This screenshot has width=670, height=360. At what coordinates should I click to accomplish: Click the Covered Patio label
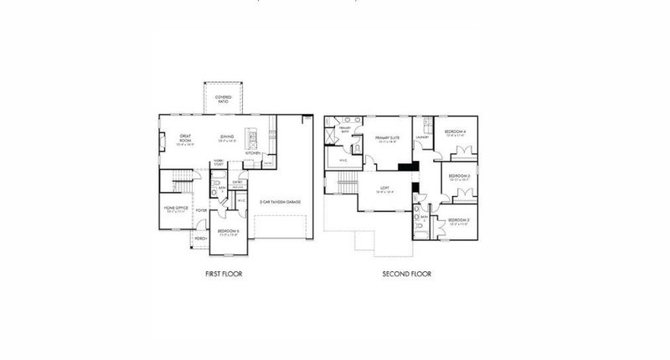pos(223,99)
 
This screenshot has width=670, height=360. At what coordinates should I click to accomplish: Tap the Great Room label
pos(186,139)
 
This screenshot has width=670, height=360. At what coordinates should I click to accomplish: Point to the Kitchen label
pos(253,153)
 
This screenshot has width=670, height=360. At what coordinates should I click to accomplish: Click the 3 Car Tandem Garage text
pos(280,202)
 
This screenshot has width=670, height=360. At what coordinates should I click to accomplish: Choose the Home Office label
pos(176,208)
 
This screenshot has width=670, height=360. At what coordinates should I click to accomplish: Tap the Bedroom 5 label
pos(229,231)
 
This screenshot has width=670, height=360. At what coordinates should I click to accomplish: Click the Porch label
pos(200,239)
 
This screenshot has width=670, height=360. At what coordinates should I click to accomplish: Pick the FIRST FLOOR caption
pos(224,274)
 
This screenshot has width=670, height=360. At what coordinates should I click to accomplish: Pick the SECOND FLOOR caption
pos(405,274)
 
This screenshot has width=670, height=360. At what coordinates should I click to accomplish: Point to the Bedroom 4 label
pos(456,131)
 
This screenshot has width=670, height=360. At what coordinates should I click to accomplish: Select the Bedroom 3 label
pos(458,177)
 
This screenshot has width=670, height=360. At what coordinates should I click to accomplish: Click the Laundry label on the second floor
pos(422,137)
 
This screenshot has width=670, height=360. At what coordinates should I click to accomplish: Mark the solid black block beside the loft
pos(407,166)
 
